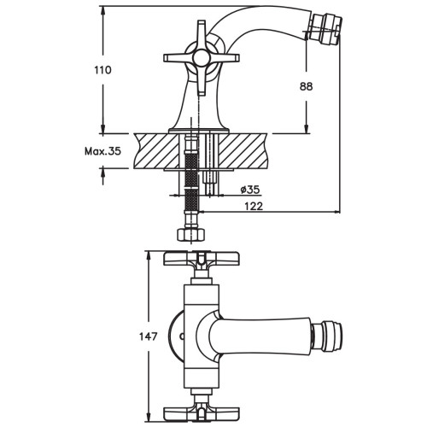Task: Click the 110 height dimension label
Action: (x=102, y=70)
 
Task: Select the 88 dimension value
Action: (x=306, y=86)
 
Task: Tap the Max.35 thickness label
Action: (x=102, y=151)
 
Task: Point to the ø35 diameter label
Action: (x=250, y=189)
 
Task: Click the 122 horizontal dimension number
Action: (x=254, y=206)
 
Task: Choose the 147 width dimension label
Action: (x=148, y=336)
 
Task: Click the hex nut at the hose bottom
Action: (x=190, y=235)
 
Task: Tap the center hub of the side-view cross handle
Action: (x=201, y=58)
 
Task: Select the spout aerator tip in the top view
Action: (x=327, y=336)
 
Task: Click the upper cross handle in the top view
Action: (x=202, y=259)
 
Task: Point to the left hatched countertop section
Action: (x=157, y=151)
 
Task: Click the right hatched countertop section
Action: (x=243, y=151)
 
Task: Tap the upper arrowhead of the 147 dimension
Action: (x=149, y=255)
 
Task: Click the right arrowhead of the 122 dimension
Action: (x=336, y=212)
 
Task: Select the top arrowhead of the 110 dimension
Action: (x=103, y=10)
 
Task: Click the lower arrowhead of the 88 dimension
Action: (x=307, y=129)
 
